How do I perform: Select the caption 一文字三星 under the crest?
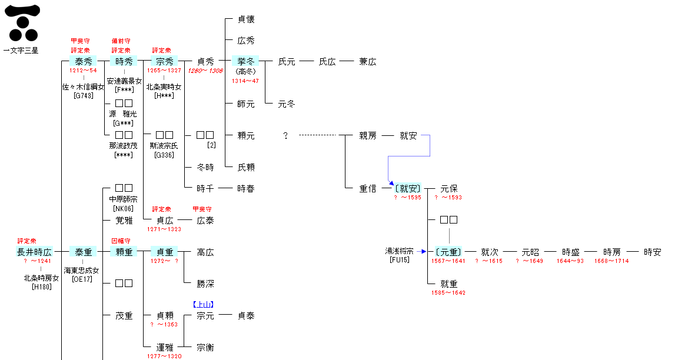[21, 51]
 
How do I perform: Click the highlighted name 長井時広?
[34, 252]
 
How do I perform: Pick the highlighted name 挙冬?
[245, 61]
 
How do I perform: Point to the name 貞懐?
[246, 19]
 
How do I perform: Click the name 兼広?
[367, 61]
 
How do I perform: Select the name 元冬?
[286, 104]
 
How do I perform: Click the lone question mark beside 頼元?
[285, 136]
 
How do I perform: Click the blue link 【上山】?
[203, 304]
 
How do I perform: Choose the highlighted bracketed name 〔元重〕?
[448, 252]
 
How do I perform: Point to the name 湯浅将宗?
[400, 251]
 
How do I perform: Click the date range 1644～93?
[570, 261]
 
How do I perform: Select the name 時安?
[652, 252]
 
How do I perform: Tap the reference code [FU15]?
[400, 259]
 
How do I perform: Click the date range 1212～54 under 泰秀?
[83, 70]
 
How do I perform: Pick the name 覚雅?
[124, 221]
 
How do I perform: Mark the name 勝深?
[205, 284]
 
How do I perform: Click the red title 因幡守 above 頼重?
[121, 241]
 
